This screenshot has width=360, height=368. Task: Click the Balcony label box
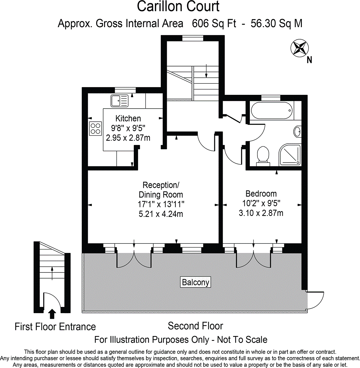click(195, 282)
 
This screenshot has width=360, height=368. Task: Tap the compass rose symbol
click(299, 48)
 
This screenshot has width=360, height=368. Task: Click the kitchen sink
click(119, 101)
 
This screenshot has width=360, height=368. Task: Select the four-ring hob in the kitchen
click(96, 128)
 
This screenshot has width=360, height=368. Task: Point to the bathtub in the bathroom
click(272, 111)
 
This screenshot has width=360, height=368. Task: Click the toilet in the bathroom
click(263, 156)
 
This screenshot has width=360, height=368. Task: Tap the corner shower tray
click(290, 155)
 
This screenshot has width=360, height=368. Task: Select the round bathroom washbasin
click(297, 131)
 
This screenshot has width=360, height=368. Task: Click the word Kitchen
click(128, 119)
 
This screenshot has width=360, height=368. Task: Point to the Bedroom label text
click(261, 194)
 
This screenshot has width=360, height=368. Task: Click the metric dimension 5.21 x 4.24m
click(161, 214)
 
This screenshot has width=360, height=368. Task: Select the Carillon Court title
click(178, 7)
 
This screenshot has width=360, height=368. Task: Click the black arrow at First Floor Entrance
click(52, 314)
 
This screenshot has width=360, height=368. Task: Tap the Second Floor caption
click(195, 326)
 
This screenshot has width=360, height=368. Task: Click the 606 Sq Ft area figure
click(214, 24)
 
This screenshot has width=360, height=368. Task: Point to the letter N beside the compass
click(309, 60)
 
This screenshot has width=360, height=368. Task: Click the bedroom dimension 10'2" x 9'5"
click(261, 203)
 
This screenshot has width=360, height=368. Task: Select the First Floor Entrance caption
click(55, 327)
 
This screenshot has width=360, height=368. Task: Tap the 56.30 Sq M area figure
click(276, 24)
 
